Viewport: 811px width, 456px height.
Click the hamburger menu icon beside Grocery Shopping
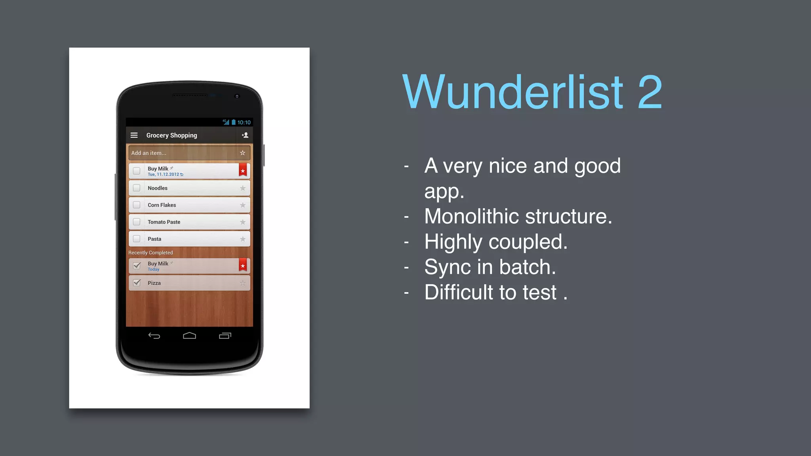[x=134, y=135]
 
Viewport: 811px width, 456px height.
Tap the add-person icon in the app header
[x=245, y=135]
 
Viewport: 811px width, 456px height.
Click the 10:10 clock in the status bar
[x=244, y=122]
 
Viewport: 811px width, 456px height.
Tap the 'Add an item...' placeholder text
[x=149, y=153]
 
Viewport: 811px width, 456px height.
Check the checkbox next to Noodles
[x=137, y=188]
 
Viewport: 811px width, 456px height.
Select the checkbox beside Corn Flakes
[x=137, y=205]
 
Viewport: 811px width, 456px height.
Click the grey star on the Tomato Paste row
[x=243, y=222]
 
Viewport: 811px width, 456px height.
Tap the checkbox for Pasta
[x=137, y=239]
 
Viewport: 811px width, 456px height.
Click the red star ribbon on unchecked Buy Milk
[x=243, y=171]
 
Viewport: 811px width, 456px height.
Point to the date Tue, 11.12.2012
[x=164, y=175]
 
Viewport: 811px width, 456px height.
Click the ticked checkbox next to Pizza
[x=137, y=283]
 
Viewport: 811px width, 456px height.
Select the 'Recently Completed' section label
[x=150, y=253]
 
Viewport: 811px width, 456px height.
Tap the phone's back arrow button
[x=154, y=336]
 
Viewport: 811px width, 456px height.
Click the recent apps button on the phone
[x=225, y=336]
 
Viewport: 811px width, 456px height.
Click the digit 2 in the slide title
[x=650, y=92]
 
